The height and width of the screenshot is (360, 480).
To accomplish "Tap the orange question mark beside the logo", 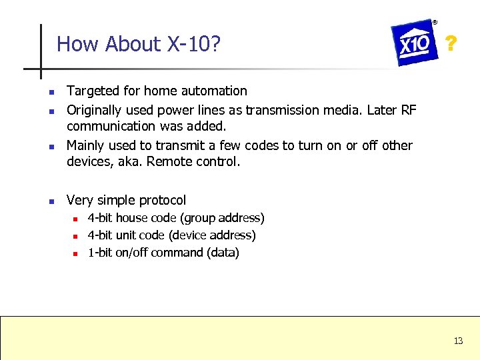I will (x=451, y=44).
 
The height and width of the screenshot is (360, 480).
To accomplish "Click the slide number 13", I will (x=458, y=341).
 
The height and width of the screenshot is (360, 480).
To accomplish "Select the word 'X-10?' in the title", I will (x=194, y=44).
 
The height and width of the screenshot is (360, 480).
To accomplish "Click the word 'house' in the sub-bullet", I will (x=132, y=218).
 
